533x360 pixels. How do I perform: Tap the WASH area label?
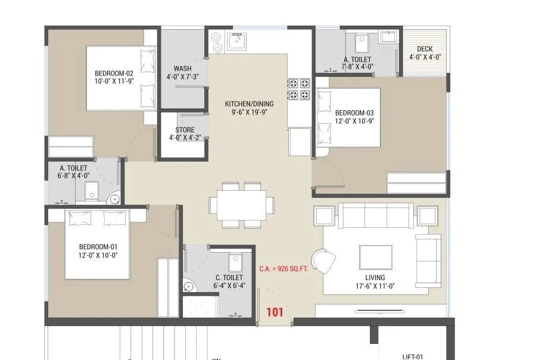(182, 68)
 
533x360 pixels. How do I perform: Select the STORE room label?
(185, 129)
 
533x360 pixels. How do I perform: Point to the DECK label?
(425, 49)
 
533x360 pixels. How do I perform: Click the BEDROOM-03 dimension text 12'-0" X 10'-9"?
(354, 122)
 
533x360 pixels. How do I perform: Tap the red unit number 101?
(275, 311)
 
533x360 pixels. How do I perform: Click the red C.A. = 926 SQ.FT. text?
(283, 269)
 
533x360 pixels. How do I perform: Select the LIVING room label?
(375, 278)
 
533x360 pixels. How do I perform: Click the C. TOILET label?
(229, 278)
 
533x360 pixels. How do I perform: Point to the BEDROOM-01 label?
(98, 247)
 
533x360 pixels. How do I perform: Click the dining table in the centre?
(242, 204)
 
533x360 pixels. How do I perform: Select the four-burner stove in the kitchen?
(299, 88)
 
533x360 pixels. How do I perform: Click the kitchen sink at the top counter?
(236, 42)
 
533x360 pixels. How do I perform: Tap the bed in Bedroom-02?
(121, 77)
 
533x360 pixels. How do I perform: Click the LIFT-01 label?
(413, 356)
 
